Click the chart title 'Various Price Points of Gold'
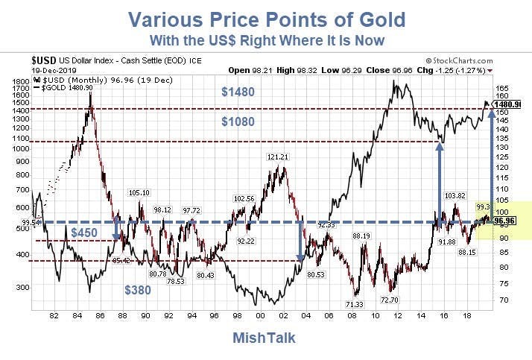tap(266, 18)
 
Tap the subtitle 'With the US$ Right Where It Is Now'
tap(266, 39)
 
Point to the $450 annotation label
tap(86, 233)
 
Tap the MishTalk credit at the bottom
tap(265, 338)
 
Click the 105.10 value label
tap(139, 193)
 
